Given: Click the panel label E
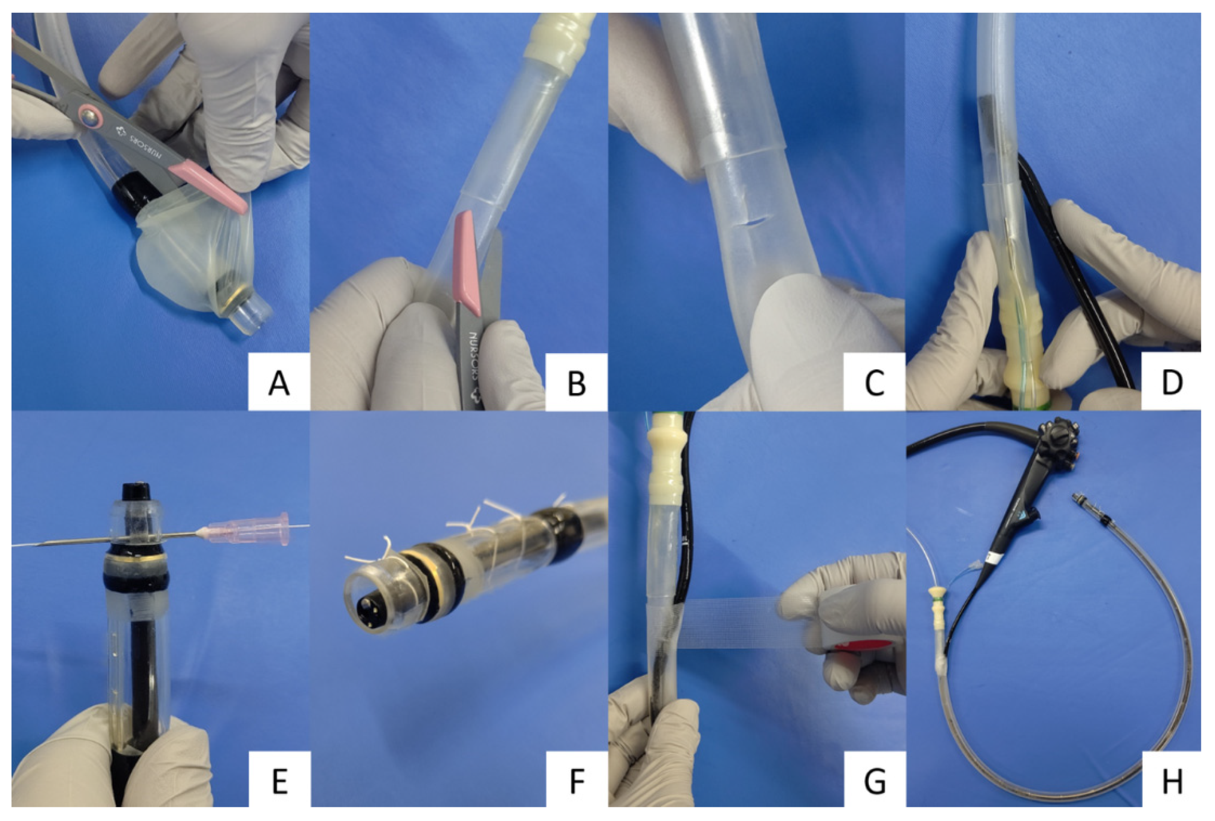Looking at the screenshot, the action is tap(280, 781).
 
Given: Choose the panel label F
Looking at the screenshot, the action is tap(577, 781).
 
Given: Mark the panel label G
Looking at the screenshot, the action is tap(874, 781).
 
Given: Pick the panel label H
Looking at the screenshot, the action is tap(1172, 781).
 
